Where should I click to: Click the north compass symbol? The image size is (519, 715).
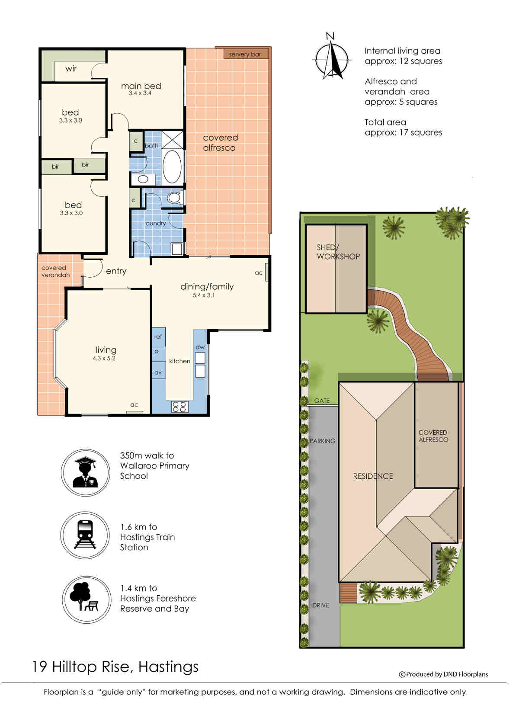tap(332, 58)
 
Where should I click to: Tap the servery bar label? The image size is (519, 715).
tap(245, 54)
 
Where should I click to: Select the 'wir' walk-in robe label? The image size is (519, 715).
tap(71, 69)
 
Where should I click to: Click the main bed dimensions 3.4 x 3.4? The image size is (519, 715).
tap(140, 93)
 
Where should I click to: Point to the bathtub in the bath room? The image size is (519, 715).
tap(172, 166)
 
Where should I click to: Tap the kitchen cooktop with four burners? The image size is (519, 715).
tap(179, 407)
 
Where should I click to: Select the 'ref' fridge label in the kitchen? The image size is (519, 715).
tap(158, 337)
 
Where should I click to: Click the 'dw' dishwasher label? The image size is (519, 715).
tap(200, 347)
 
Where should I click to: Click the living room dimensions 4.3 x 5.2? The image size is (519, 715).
tap(104, 358)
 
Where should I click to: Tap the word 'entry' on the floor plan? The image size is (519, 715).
tap(116, 271)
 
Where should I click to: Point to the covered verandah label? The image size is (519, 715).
tap(55, 271)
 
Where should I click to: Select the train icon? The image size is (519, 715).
tap(85, 535)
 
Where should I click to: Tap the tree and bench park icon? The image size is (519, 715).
tap(83, 596)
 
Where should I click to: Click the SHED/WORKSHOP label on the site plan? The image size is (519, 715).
tap(338, 252)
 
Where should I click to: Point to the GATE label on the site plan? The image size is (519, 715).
tap(322, 401)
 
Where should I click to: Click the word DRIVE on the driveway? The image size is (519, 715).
tap(320, 605)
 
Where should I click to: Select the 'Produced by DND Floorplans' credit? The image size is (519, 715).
tap(443, 674)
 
